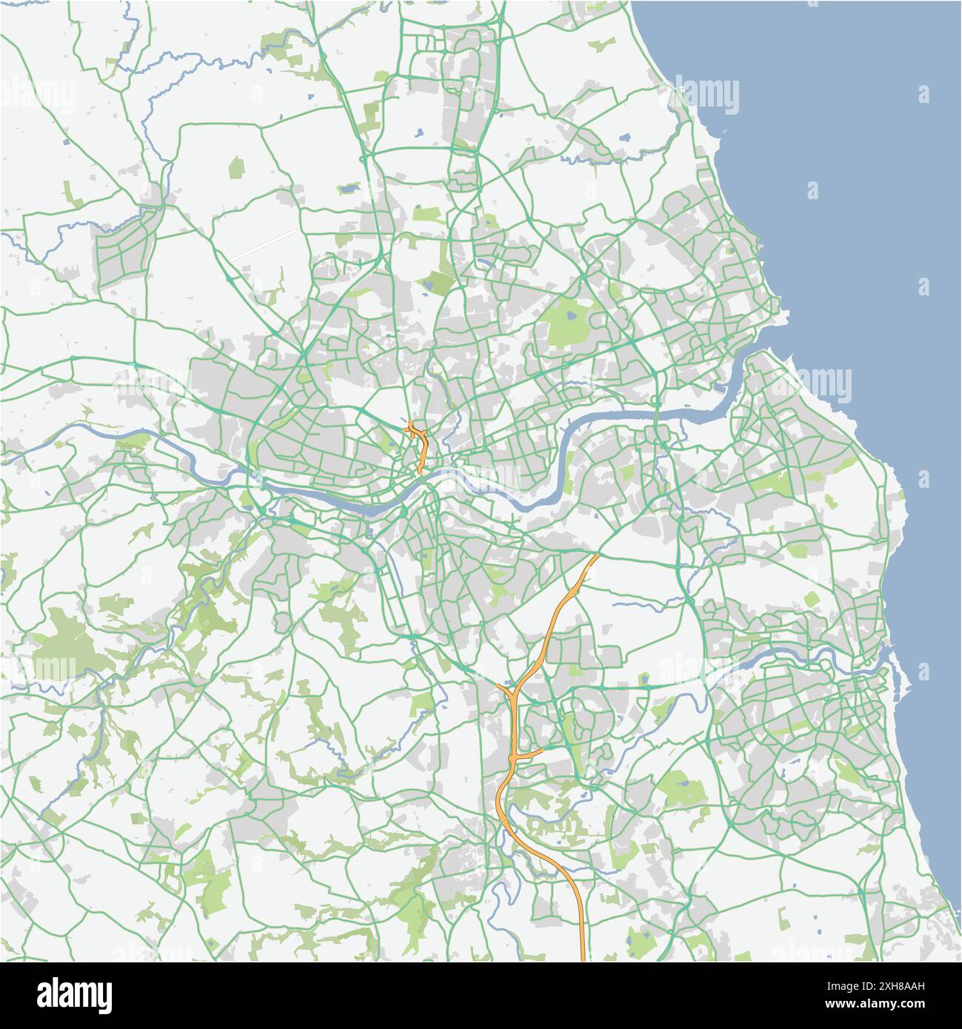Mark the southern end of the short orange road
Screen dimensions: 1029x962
[x=419, y=472]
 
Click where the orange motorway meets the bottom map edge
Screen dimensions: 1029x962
[x=583, y=959]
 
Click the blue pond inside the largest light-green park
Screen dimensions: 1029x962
[x=572, y=316]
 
